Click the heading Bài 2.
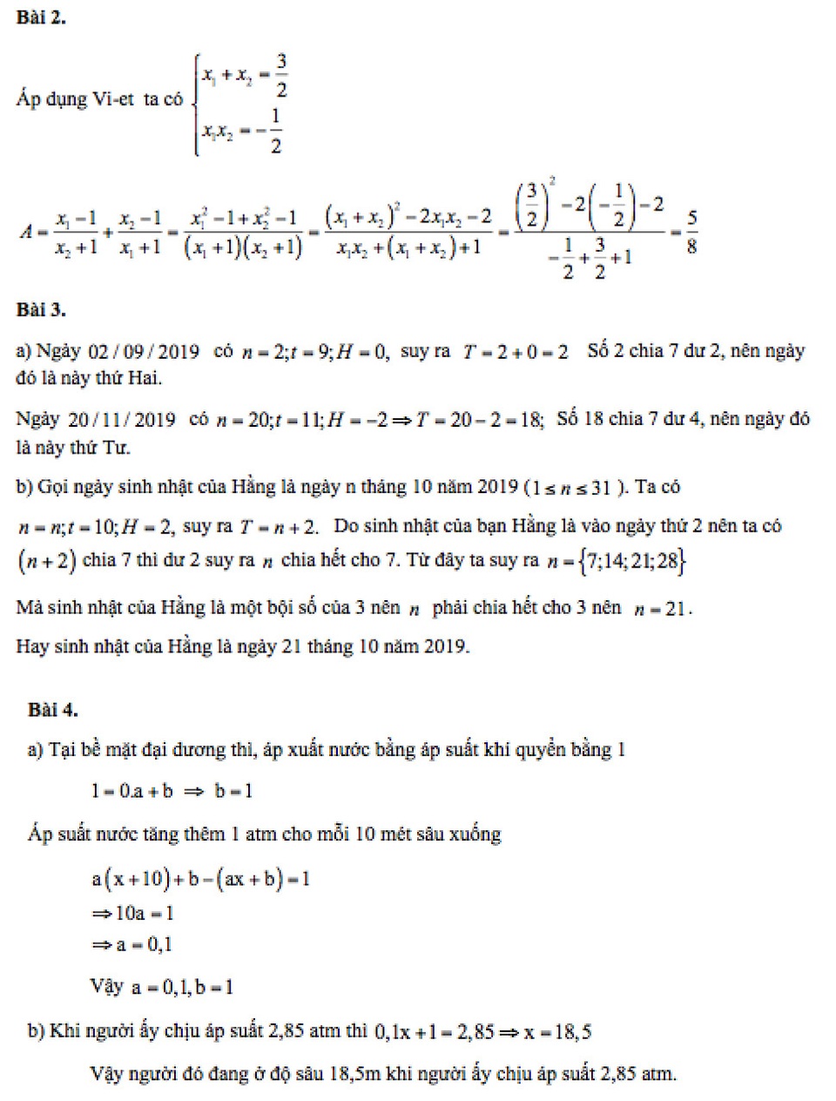click(x=41, y=17)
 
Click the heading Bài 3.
click(x=41, y=310)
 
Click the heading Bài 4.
click(x=52, y=710)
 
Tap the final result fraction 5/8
click(x=691, y=232)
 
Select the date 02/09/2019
click(x=144, y=352)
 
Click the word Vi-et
click(x=112, y=99)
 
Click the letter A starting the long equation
click(x=26, y=232)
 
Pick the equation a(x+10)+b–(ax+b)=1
click(x=200, y=880)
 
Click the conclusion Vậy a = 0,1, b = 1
click(x=162, y=988)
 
